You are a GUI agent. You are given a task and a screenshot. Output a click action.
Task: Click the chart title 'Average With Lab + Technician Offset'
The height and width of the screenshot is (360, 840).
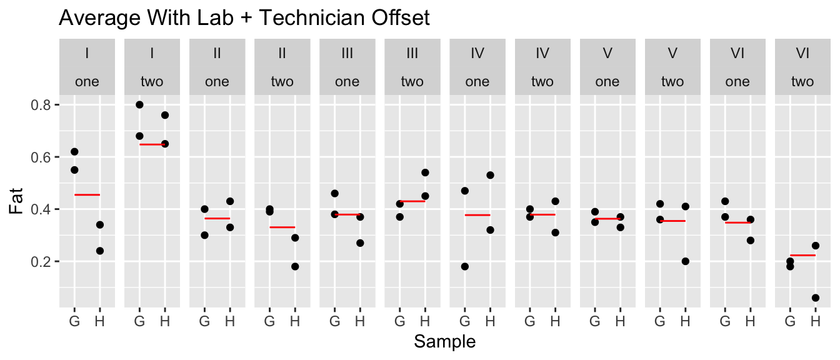244,18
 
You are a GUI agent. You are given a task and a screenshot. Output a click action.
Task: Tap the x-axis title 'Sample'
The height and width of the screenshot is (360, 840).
445,342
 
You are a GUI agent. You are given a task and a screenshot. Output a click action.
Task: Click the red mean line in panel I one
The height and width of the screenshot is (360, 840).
87,195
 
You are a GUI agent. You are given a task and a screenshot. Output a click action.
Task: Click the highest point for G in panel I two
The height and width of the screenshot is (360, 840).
139,104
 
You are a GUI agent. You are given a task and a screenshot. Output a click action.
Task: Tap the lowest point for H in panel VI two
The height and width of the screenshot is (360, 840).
815,297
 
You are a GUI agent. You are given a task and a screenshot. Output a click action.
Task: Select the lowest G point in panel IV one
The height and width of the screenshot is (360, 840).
465,266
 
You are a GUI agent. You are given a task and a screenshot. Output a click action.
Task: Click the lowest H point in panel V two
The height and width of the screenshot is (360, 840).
685,261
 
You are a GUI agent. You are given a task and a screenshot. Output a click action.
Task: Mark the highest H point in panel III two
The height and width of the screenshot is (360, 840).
425,172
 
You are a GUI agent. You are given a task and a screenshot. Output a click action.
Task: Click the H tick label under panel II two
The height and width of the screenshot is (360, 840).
294,322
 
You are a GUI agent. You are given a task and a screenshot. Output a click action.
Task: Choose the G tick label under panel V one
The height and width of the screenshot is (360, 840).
594,322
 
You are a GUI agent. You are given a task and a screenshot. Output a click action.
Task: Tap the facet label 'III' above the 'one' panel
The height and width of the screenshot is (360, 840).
347,54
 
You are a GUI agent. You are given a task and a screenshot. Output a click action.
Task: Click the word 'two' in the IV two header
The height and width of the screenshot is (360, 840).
542,81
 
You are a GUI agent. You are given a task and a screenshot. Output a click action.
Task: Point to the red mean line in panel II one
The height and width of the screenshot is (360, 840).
217,218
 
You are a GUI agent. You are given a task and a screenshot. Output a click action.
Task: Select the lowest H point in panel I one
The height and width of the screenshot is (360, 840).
99,251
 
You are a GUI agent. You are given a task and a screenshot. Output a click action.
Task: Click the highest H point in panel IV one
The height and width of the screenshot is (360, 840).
490,175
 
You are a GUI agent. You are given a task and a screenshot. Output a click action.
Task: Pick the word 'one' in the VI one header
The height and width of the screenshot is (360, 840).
737,81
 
